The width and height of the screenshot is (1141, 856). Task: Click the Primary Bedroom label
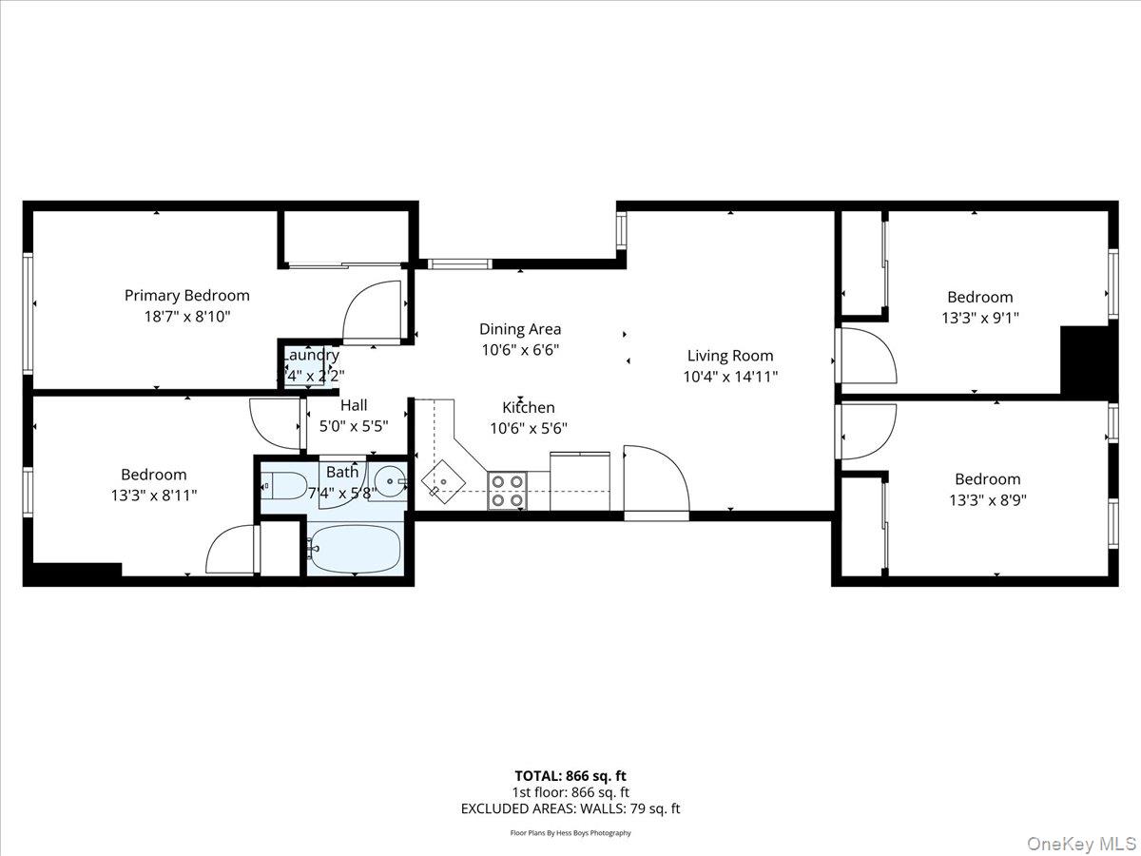[x=186, y=296]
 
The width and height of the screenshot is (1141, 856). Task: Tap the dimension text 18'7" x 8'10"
[x=186, y=317]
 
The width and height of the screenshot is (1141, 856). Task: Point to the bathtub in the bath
[x=354, y=549]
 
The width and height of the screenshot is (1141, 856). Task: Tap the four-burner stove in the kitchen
[x=508, y=490]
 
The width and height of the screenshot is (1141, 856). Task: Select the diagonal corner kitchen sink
[x=443, y=480]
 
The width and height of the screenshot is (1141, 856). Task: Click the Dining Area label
[x=519, y=329]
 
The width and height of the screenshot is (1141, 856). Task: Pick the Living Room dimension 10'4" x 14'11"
[x=730, y=376]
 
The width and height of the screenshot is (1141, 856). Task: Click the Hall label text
[x=353, y=406]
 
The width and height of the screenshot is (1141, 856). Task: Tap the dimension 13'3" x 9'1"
[x=979, y=318]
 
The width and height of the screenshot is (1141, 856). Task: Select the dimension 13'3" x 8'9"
[x=987, y=499]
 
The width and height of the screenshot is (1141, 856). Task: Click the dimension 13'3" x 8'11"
[x=153, y=495]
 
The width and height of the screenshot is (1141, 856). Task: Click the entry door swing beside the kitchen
[x=656, y=480]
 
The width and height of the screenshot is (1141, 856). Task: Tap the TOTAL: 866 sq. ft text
[x=570, y=775]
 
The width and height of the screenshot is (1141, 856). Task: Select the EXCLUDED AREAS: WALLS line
[x=570, y=808]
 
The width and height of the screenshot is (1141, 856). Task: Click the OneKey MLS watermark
[x=1093, y=843]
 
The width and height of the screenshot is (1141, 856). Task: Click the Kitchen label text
[x=529, y=407]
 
